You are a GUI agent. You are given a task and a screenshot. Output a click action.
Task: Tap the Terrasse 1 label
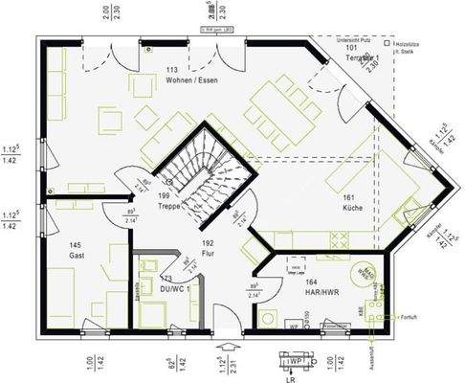point(350,58)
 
